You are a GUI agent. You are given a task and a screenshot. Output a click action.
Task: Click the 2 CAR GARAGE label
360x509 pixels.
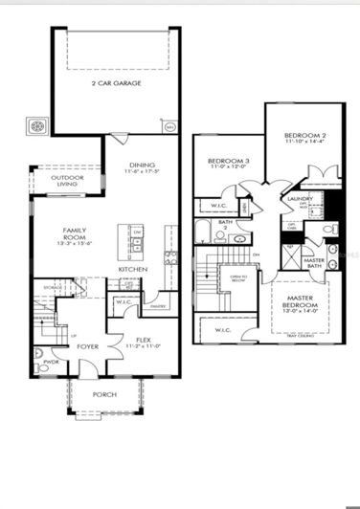[x=116, y=83]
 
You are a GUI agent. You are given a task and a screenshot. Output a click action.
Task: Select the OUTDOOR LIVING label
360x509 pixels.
[x=67, y=180]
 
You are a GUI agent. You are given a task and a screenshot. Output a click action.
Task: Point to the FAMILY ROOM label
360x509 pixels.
[x=75, y=234]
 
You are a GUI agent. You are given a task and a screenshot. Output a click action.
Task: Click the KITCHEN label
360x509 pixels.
[x=131, y=270]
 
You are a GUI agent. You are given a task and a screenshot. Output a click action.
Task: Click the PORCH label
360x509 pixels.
[x=105, y=394]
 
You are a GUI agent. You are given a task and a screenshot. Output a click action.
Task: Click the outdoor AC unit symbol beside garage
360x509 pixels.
[x=39, y=125]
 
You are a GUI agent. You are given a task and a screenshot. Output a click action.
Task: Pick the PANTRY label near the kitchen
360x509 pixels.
[x=158, y=306]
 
